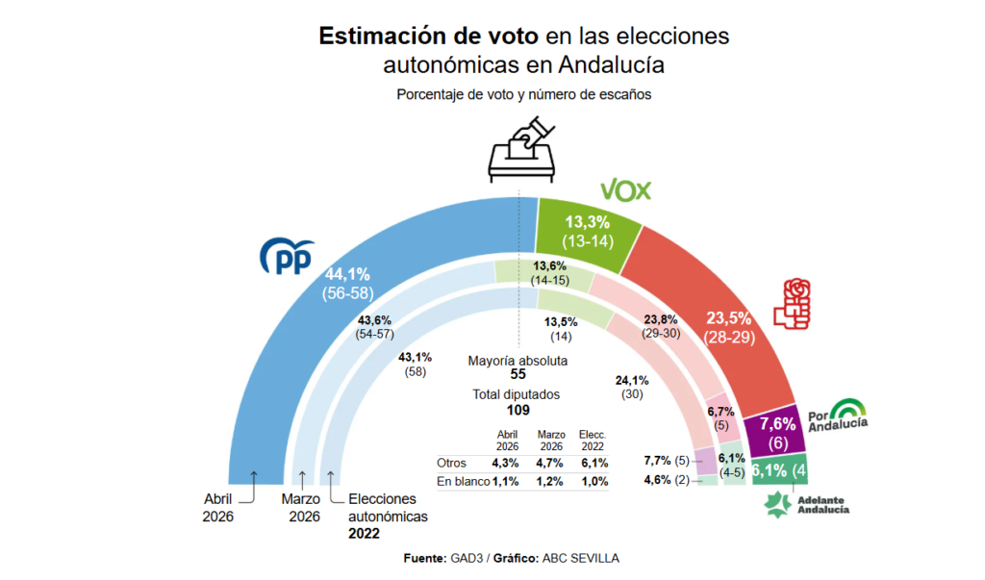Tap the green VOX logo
[625, 189]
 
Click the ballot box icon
[524, 150]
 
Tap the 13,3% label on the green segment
[588, 223]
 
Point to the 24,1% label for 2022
[632, 380]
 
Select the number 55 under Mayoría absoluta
[518, 374]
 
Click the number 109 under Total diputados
[518, 409]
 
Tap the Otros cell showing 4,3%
[507, 463]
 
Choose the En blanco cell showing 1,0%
[594, 481]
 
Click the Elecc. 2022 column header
[594, 440]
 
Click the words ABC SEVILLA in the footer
[582, 558]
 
